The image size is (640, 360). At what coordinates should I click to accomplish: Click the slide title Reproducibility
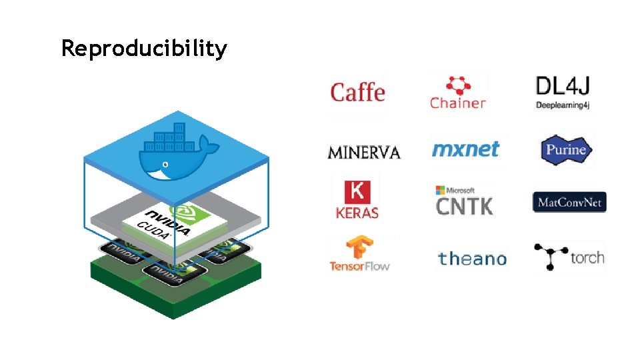point(144,49)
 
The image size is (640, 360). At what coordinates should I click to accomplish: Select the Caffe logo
point(357,92)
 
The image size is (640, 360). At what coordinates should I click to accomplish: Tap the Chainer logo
point(457,93)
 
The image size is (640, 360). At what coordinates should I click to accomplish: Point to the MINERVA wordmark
point(364,153)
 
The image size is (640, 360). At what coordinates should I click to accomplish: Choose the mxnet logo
point(465,149)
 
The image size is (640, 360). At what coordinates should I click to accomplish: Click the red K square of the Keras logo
point(357,192)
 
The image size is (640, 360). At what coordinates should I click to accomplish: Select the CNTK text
point(464,206)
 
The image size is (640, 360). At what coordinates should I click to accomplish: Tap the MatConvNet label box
point(569,202)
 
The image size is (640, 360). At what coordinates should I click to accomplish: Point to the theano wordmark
point(472,259)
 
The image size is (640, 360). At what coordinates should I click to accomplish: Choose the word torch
point(587,257)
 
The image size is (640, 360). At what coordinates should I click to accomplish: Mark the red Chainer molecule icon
point(457,85)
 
